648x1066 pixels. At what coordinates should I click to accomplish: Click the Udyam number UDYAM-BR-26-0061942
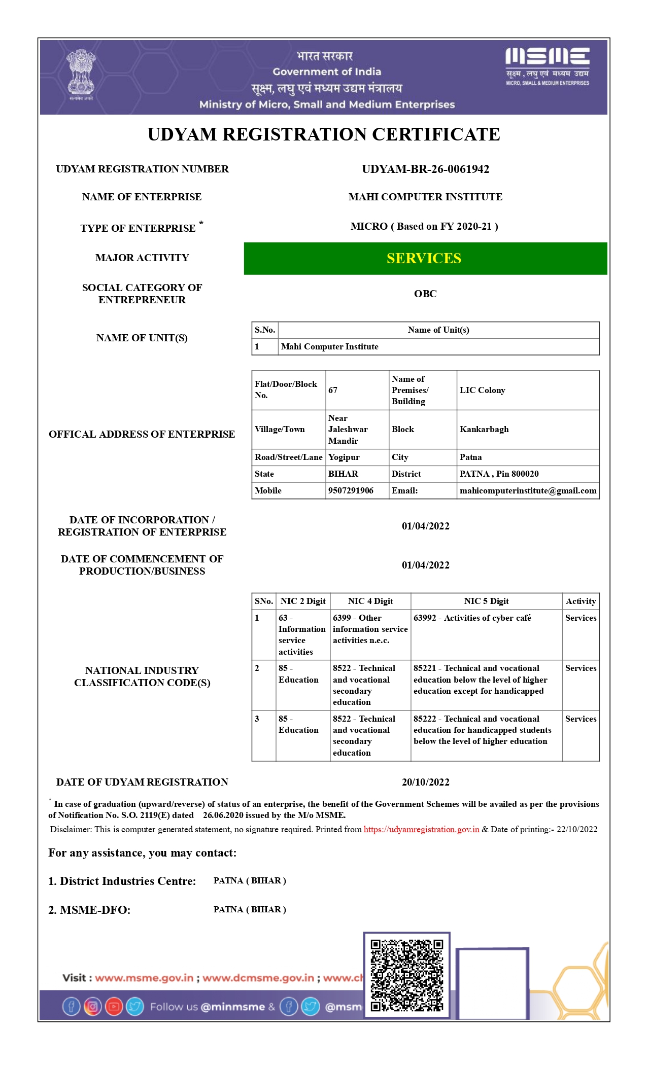425,169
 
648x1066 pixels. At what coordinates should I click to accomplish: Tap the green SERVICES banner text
424,259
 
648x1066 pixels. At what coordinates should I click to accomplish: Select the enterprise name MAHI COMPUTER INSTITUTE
425,197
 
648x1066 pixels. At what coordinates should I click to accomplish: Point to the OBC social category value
425,294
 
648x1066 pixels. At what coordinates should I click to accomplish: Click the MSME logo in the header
547,66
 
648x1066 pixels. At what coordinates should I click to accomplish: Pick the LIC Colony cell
482,390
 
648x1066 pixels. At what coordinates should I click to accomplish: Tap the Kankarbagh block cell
484,429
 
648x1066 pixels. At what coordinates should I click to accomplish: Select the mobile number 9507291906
351,490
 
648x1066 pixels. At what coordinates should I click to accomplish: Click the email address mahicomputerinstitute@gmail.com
528,490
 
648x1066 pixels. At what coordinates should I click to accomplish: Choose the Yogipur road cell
344,457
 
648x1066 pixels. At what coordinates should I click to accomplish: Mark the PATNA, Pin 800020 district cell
499,474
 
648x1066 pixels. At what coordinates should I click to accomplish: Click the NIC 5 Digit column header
486,601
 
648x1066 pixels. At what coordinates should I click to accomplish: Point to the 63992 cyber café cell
472,618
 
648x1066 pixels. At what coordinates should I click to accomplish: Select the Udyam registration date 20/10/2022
425,782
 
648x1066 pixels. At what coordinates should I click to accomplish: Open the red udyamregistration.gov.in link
421,829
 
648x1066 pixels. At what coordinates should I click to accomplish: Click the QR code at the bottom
406,975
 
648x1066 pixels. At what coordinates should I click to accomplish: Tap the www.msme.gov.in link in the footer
144,978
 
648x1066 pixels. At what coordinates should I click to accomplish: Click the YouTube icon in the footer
114,1006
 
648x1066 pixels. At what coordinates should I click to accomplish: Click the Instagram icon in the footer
92,1006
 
